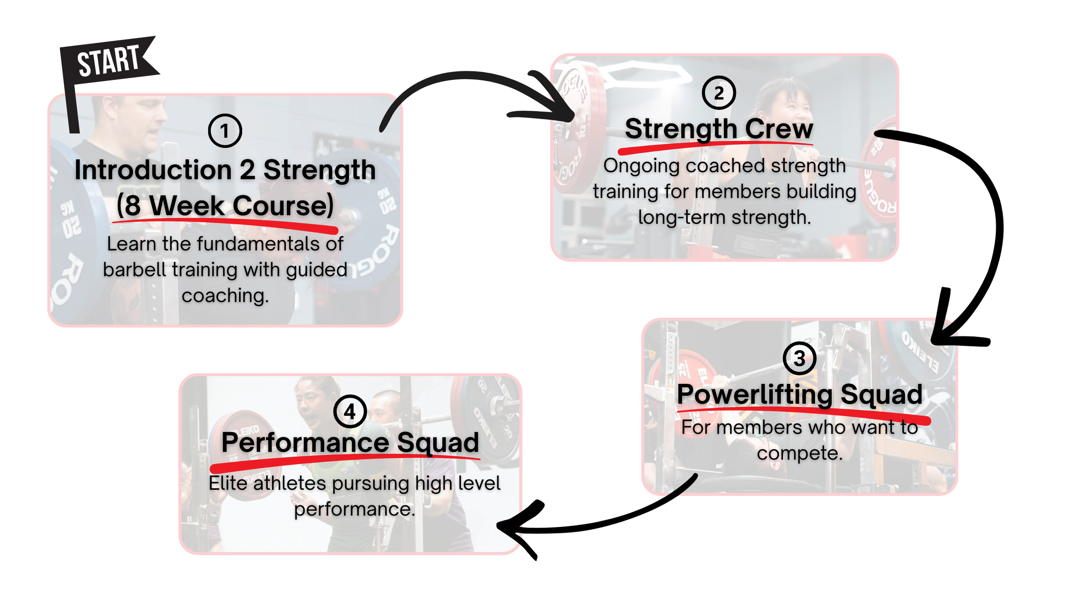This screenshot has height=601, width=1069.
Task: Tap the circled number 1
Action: pyautogui.click(x=225, y=131)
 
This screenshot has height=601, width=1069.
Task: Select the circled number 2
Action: pyautogui.click(x=719, y=93)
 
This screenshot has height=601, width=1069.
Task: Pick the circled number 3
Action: pyautogui.click(x=799, y=358)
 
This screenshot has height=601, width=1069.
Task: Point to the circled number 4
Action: pyautogui.click(x=350, y=412)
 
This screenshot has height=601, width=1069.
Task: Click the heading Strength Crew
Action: pyautogui.click(x=719, y=129)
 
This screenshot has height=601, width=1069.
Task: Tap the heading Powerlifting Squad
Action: pyautogui.click(x=800, y=394)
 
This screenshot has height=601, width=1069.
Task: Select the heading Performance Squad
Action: pyautogui.click(x=350, y=442)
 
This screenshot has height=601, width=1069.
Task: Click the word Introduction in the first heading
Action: pyautogui.click(x=153, y=170)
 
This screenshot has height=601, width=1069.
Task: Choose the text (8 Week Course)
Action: pyautogui.click(x=225, y=206)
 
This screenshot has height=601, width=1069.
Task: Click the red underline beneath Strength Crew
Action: pyautogui.click(x=714, y=146)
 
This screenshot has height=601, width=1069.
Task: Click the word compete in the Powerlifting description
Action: pyautogui.click(x=800, y=453)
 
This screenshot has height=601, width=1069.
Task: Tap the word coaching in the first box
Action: pyautogui.click(x=225, y=296)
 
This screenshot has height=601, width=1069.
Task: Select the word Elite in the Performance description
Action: pyautogui.click(x=228, y=483)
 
